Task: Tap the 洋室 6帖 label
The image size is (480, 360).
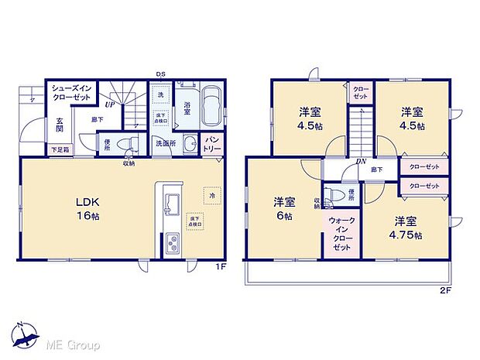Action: (284, 209)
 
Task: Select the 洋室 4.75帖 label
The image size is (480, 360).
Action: (406, 227)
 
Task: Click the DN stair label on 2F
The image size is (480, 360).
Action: (361, 161)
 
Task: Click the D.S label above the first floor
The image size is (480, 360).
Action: (159, 74)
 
